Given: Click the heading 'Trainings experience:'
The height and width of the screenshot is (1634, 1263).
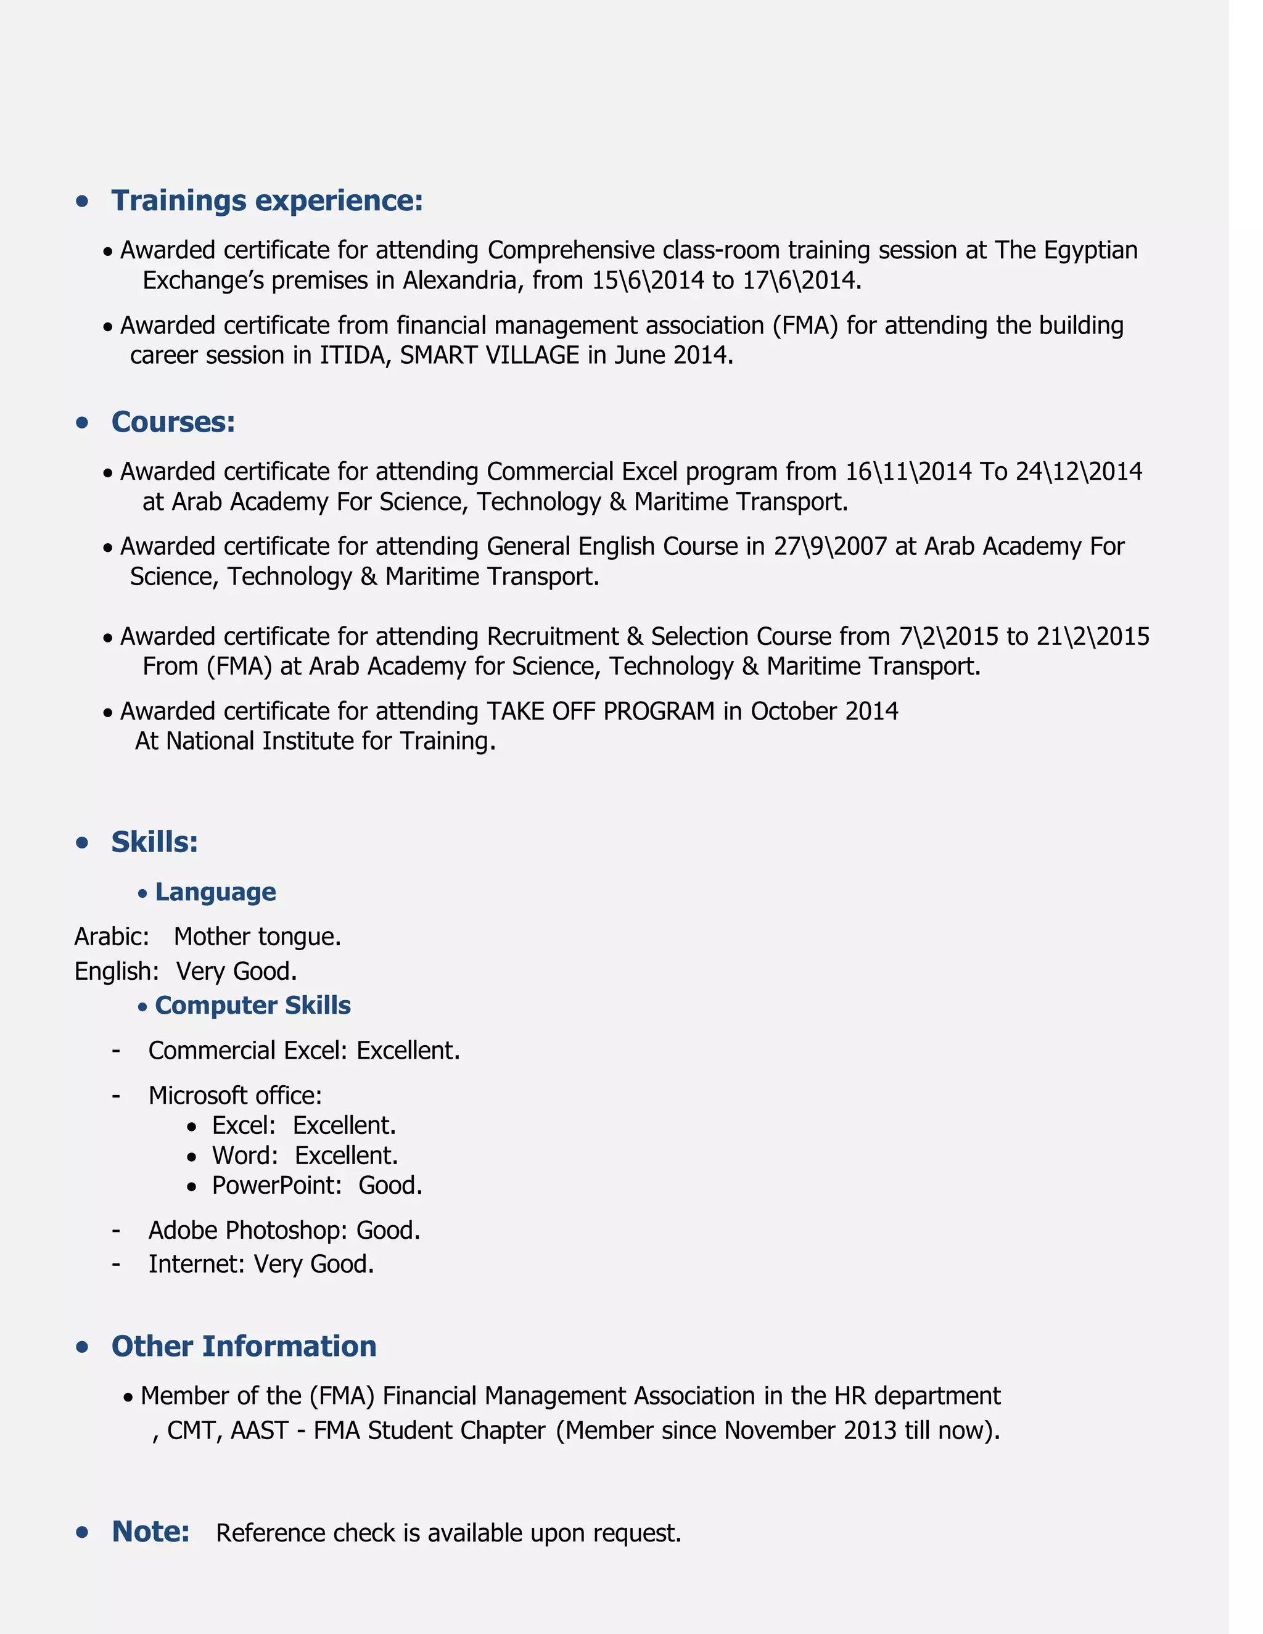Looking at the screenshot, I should tap(267, 200).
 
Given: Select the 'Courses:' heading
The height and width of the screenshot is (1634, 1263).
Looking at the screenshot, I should tap(173, 422).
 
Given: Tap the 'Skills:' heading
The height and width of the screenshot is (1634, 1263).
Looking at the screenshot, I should tap(154, 842).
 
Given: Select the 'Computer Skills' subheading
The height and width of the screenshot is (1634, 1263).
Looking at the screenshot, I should tap(252, 1006).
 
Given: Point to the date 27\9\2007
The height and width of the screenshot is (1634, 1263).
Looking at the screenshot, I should tap(830, 546).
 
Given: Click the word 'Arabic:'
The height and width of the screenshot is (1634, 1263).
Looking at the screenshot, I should tap(112, 937).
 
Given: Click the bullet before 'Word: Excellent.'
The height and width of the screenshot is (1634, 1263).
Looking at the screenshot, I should tap(192, 1157).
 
